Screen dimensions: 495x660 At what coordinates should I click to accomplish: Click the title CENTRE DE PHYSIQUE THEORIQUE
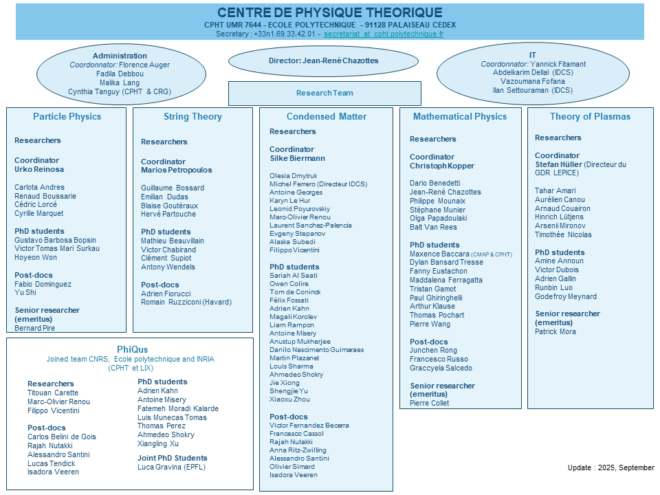tap(330, 13)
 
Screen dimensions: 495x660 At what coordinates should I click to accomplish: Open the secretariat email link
tap(384, 33)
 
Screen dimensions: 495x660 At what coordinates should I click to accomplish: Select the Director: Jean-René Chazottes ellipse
tap(323, 60)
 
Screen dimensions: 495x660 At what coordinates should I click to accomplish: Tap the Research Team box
tap(324, 93)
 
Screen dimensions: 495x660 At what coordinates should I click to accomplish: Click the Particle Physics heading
tap(67, 117)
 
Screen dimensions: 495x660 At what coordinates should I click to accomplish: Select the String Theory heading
tap(192, 117)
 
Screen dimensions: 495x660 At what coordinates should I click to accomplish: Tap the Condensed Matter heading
tap(327, 117)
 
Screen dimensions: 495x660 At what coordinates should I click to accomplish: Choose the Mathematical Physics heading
tap(460, 117)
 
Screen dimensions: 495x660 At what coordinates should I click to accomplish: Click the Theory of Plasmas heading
tap(590, 117)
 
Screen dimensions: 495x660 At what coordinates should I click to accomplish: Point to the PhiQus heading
tap(133, 349)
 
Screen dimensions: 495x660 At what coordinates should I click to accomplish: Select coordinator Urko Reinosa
tap(39, 169)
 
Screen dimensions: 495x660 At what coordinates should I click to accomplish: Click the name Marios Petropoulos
tap(177, 170)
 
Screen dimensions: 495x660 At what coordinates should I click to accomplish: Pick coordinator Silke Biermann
tap(297, 158)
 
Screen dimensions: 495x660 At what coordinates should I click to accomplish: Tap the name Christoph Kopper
tap(442, 166)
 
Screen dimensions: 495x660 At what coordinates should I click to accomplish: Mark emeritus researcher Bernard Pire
tap(35, 328)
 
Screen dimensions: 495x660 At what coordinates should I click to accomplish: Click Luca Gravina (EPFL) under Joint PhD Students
tap(171, 467)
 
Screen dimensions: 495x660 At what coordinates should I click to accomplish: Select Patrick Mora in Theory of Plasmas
tap(555, 331)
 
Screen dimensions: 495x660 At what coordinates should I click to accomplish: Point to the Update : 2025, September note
tap(610, 467)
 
